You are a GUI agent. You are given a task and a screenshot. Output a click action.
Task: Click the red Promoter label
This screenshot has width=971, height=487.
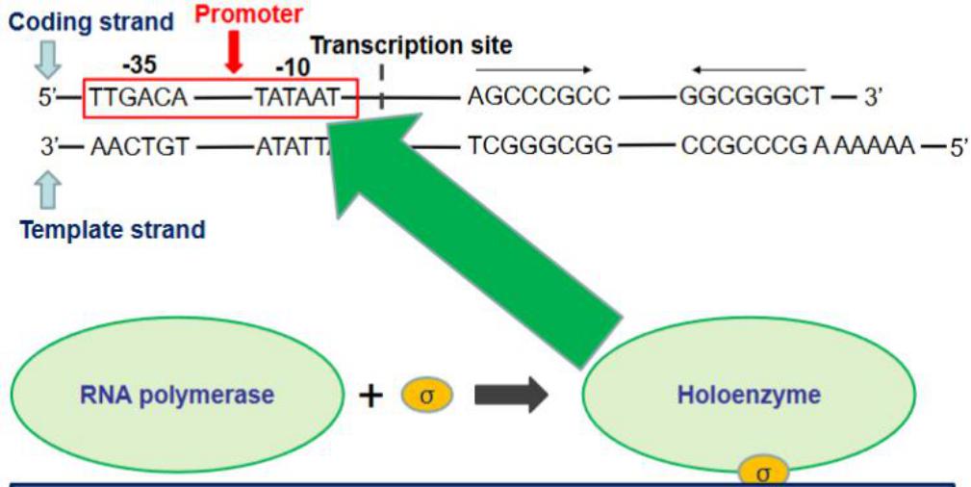pos(248,14)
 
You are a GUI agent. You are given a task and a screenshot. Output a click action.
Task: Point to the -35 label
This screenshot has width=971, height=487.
pos(141,65)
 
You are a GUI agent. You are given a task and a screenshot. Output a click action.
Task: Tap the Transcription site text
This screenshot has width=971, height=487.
pos(411,45)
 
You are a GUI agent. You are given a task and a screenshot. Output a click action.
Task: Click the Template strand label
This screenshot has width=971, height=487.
pos(113,230)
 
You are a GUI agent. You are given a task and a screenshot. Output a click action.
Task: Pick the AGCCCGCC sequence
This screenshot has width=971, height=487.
pos(525,96)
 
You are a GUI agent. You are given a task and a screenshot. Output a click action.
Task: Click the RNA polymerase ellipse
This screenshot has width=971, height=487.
pos(179,396)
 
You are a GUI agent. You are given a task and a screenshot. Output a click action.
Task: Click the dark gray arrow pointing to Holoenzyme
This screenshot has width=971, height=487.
pos(510,396)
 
